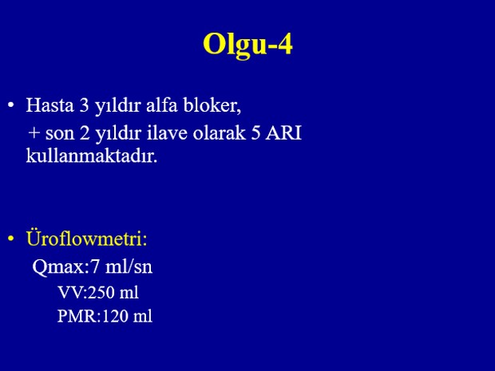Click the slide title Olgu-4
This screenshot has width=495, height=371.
click(247, 45)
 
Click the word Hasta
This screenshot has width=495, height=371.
click(49, 105)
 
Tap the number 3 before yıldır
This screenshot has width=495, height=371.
click(85, 105)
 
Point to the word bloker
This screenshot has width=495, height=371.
click(210, 105)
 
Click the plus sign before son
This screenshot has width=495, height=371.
click(34, 132)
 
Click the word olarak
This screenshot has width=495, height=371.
click(219, 132)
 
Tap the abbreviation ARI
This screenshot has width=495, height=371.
click(283, 132)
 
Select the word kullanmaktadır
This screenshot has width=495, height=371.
click(92, 156)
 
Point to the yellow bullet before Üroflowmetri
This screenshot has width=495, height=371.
click(11, 239)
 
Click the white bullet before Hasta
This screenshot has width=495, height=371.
click(11, 105)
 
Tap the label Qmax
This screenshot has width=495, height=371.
click(58, 267)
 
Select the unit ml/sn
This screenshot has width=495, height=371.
click(129, 266)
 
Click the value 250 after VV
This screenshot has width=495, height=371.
click(101, 293)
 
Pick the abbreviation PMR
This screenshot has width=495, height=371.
click(77, 316)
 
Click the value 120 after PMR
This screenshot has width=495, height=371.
click(115, 316)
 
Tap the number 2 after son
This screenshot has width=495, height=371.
click(85, 132)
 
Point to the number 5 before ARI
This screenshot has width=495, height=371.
click(256, 132)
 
